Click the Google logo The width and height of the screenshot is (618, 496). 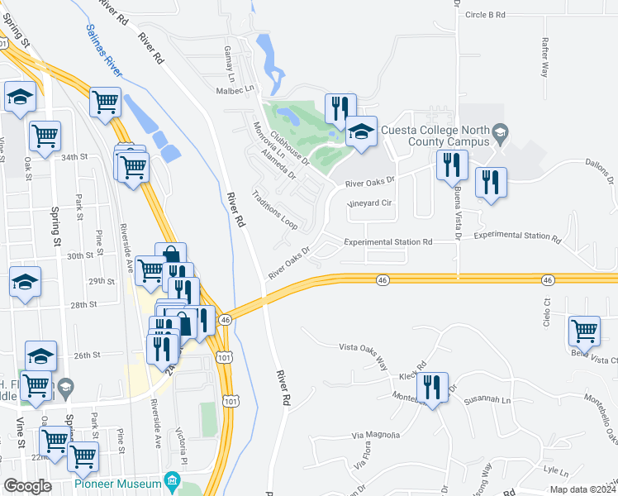coord(27,485)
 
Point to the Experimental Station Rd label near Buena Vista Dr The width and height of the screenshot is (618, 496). coord(388,242)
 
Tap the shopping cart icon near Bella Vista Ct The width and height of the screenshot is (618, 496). coord(584,331)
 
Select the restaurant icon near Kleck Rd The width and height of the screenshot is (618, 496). coord(431,386)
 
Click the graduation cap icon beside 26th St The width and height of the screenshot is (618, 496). coord(40,356)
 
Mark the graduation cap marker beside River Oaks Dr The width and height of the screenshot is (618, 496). coord(361,131)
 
